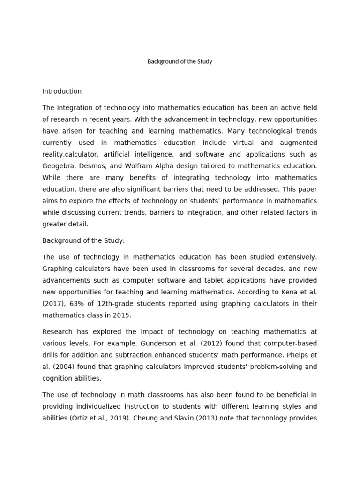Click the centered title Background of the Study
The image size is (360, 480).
click(x=180, y=61)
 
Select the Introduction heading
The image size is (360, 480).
click(x=62, y=91)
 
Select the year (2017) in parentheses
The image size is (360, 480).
click(x=54, y=304)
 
